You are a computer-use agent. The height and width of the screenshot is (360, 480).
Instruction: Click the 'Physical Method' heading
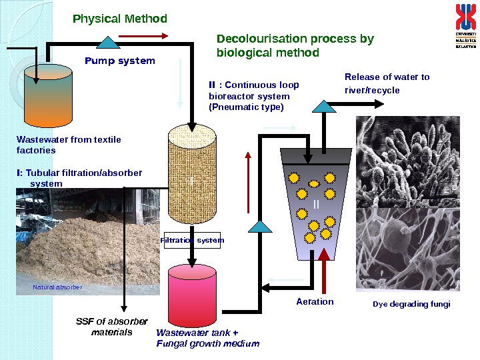(x=120, y=19)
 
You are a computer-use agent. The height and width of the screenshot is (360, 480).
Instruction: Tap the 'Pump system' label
(x=120, y=61)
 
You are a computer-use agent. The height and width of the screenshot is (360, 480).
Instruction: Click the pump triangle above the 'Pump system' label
(x=107, y=43)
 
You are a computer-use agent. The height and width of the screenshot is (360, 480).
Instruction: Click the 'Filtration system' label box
(x=193, y=240)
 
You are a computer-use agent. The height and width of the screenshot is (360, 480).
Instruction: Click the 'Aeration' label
(x=315, y=301)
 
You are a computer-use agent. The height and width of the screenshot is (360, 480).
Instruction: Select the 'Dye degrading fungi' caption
(x=411, y=304)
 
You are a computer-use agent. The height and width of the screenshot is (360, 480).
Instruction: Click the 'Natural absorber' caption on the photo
(x=57, y=287)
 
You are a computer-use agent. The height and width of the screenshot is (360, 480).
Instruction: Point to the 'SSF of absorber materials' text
(x=111, y=326)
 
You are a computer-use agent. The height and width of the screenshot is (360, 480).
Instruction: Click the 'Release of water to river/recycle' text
(x=387, y=83)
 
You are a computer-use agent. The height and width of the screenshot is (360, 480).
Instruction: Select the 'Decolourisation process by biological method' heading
(x=295, y=45)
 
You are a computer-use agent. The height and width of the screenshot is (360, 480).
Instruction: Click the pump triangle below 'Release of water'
(x=324, y=106)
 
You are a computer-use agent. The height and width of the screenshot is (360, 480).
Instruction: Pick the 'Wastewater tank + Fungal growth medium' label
(x=207, y=338)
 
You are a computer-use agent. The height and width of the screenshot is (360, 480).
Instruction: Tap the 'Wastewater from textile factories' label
(x=68, y=145)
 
